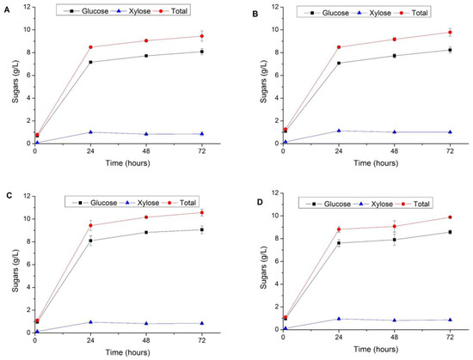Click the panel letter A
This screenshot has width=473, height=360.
(x=7, y=10)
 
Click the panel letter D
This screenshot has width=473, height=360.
(x=260, y=202)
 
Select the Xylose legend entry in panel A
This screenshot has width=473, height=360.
(x=132, y=11)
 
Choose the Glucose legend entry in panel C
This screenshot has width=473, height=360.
(x=95, y=203)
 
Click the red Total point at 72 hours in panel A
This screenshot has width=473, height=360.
(x=201, y=36)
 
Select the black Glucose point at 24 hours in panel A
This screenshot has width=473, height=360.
(x=90, y=62)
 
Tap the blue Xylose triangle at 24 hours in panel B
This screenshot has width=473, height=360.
(x=339, y=131)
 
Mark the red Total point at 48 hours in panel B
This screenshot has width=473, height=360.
(x=394, y=40)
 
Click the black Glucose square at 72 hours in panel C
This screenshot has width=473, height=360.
(x=201, y=230)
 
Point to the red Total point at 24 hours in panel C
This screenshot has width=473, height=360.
(x=90, y=225)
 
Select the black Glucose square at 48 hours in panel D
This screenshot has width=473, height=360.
(x=394, y=240)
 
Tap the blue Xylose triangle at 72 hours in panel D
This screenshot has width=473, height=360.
(x=450, y=320)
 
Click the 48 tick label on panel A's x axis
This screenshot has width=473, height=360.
(x=146, y=151)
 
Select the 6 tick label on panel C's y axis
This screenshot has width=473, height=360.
(x=28, y=265)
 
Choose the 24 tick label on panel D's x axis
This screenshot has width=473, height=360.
(x=339, y=337)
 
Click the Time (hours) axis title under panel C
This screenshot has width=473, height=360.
(x=127, y=352)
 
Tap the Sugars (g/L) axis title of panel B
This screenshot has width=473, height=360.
(x=263, y=82)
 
